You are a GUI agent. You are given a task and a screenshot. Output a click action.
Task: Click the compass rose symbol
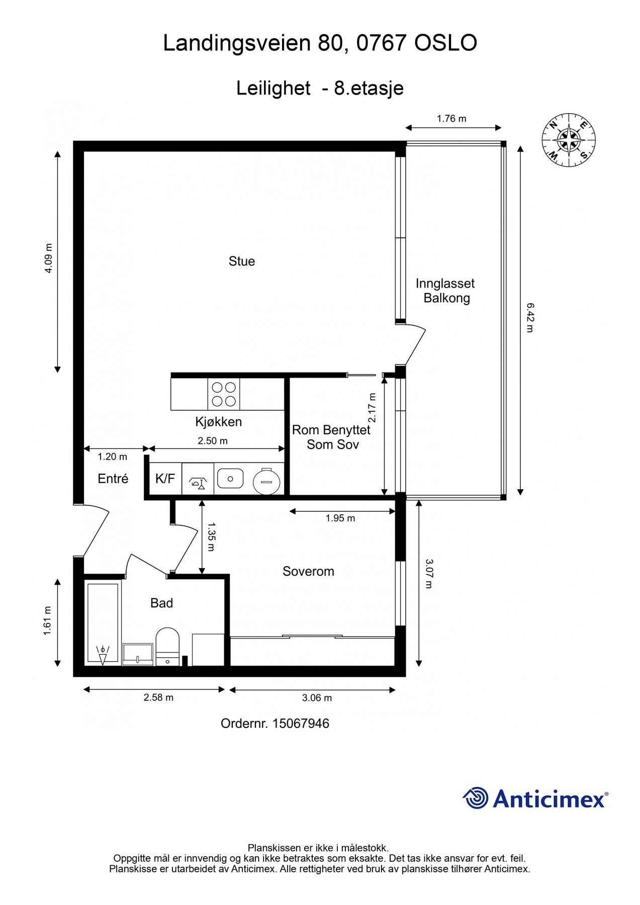569,140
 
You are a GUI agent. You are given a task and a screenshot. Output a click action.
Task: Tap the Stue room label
242,261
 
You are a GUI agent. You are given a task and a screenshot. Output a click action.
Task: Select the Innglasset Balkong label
445,291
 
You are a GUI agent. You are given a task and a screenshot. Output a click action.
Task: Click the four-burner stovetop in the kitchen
224,394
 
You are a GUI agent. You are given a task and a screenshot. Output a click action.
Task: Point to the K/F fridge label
165,479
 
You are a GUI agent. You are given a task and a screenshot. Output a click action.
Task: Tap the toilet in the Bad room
167,647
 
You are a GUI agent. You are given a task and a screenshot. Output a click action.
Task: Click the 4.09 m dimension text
48,258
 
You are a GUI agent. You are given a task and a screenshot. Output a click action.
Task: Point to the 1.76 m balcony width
451,119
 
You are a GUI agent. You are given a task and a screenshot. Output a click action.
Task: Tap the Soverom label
308,572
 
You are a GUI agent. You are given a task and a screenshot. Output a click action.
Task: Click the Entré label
113,479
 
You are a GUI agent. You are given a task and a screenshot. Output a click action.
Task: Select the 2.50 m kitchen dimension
213,441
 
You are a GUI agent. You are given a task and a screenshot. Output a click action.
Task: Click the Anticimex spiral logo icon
476,798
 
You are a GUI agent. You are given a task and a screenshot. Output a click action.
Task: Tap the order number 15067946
301,723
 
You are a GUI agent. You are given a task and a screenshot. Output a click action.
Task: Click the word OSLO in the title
445,43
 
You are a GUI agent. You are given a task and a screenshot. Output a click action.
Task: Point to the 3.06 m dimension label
317,698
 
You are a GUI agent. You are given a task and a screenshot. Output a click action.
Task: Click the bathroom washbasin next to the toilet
138,654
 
